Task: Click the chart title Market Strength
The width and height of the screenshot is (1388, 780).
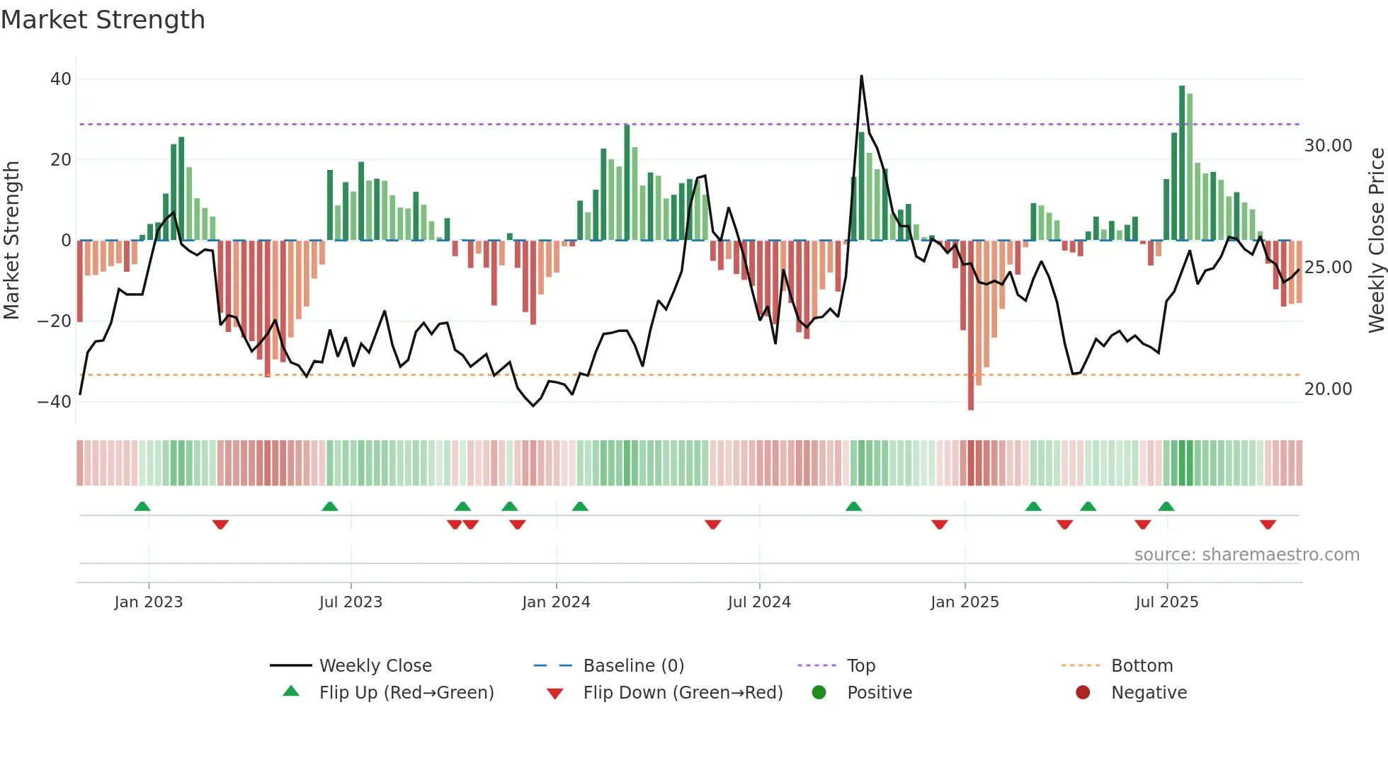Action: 103,20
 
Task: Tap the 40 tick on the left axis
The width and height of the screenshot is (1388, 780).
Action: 61,79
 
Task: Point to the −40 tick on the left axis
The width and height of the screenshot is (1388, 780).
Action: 55,402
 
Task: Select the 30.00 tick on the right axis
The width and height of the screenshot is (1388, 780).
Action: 1328,146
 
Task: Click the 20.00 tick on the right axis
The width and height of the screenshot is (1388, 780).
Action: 1328,389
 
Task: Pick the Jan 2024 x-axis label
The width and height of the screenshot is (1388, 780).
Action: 556,602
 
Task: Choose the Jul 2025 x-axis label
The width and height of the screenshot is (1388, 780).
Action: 1166,602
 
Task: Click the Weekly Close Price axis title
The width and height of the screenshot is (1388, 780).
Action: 1376,241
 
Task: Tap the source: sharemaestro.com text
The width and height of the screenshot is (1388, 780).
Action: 1246,555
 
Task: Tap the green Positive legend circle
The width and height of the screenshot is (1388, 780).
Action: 819,693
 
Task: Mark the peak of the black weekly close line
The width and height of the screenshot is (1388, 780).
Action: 861,76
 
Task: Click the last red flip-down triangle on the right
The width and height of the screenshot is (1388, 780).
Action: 1268,524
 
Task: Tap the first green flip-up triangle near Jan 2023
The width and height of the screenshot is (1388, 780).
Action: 142,506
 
